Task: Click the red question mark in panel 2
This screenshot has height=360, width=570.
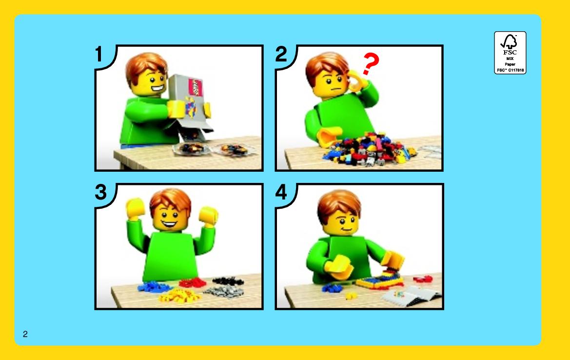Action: [371, 64]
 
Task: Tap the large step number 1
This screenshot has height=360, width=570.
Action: [99, 54]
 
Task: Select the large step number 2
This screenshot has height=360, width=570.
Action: [281, 54]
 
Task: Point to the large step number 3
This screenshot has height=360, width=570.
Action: [101, 192]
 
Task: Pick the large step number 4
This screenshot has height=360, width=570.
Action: [281, 192]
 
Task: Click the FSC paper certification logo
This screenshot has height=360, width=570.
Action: [510, 53]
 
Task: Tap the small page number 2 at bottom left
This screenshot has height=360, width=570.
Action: [25, 334]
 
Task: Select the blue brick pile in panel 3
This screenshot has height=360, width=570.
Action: [154, 287]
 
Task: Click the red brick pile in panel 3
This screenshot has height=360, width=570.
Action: [192, 282]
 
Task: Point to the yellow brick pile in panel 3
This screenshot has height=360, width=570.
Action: [179, 296]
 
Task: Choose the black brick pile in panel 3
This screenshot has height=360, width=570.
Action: [228, 280]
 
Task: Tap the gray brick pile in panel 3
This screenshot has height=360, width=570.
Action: [223, 291]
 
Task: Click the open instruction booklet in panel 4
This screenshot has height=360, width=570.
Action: [410, 295]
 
